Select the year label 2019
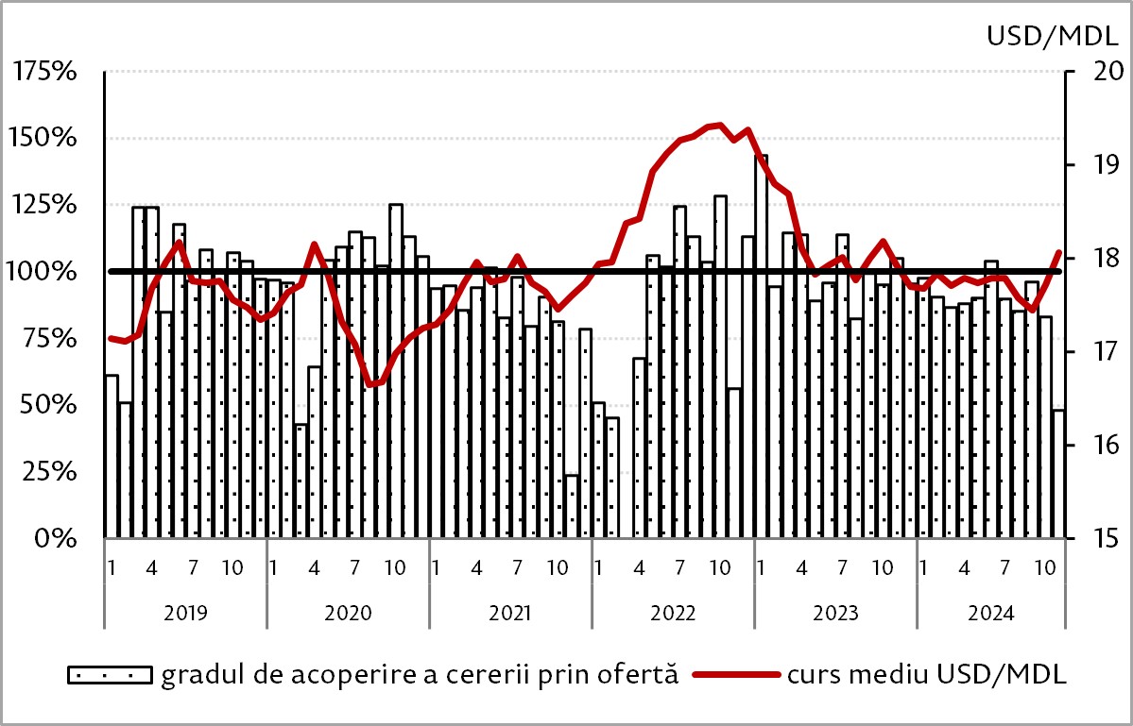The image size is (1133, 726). tap(185, 614)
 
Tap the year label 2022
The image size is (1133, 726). tap(673, 614)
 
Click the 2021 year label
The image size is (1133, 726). tap(510, 614)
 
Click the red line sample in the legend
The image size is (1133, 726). tap(736, 675)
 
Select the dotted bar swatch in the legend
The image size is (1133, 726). tap(110, 675)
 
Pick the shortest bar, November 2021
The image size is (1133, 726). tap(572, 507)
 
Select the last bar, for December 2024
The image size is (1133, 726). tap(1058, 474)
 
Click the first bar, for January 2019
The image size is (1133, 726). tap(112, 456)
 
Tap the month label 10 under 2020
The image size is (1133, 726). tap(395, 568)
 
